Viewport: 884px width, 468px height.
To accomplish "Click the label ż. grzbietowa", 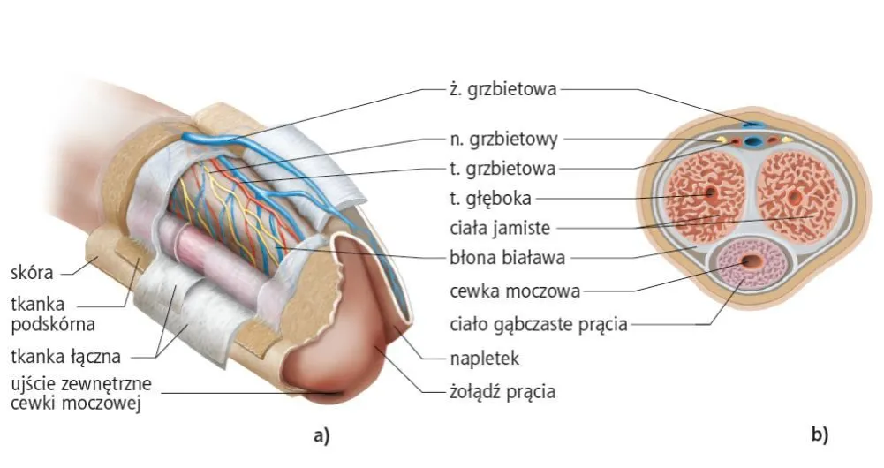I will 501,88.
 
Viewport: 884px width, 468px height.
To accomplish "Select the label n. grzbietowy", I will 501,139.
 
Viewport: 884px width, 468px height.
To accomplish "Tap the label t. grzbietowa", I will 501,168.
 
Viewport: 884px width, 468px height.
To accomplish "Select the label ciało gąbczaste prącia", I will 535,324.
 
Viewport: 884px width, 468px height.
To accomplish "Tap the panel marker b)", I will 820,434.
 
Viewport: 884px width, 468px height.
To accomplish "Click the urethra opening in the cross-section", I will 752,261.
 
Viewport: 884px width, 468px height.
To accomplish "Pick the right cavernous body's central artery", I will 793,196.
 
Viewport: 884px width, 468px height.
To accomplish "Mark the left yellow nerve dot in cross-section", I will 721,139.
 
